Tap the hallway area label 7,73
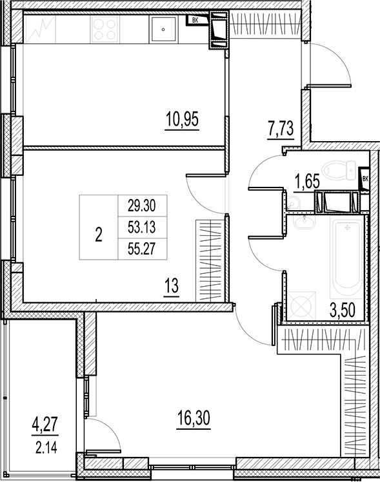[281, 129]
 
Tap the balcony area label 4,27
[45, 425]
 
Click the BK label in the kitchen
[194, 21]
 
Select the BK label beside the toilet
[366, 179]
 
